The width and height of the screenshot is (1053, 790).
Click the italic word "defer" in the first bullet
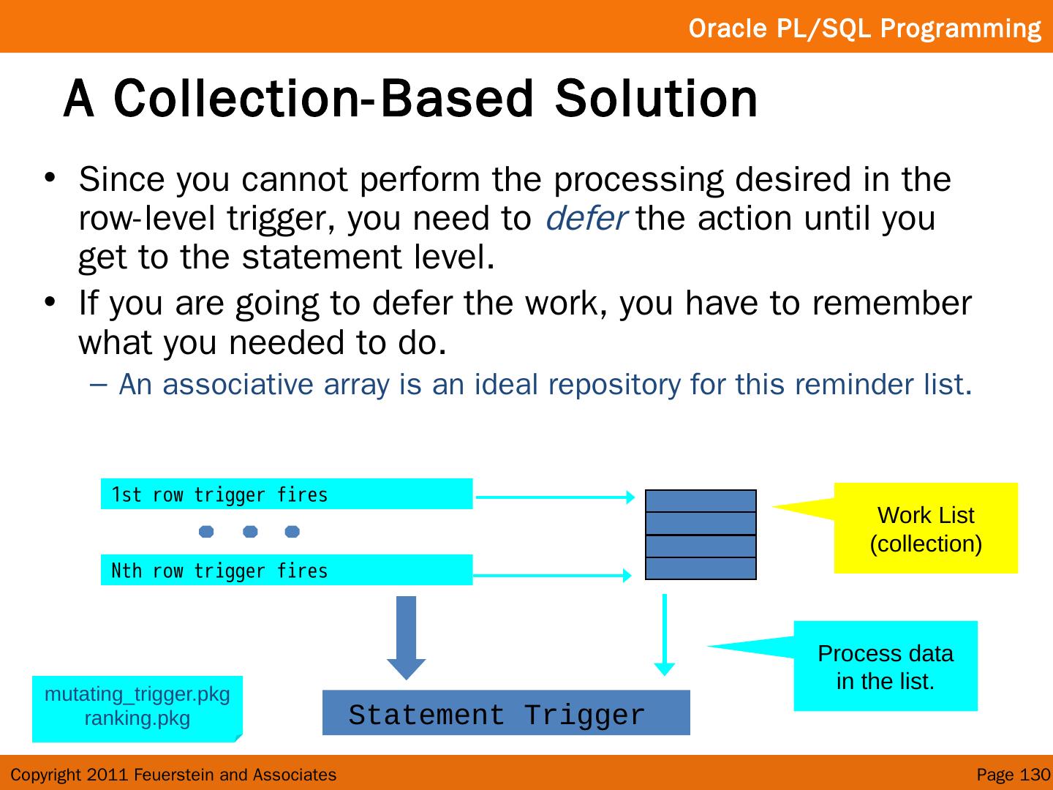coord(585,219)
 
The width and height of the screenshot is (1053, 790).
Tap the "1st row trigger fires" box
coord(286,494)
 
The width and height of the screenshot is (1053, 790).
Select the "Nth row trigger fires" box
coord(286,571)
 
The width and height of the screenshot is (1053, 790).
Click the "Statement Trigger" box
coord(505,713)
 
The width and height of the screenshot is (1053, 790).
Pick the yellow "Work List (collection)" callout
coord(925,528)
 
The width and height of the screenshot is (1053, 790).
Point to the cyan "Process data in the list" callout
coord(885,666)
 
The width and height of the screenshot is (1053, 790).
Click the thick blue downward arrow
coord(406,637)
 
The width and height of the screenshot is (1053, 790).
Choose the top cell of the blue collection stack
coord(701,501)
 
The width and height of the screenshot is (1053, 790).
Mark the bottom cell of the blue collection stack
coord(701,568)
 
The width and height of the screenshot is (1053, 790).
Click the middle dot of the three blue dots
coord(250,531)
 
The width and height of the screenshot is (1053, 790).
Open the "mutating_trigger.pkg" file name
coord(137,693)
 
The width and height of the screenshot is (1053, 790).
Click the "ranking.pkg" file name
coord(137,718)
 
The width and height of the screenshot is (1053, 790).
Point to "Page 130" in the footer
coord(1013,775)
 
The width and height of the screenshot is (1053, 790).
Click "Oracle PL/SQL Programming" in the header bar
coord(864,28)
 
